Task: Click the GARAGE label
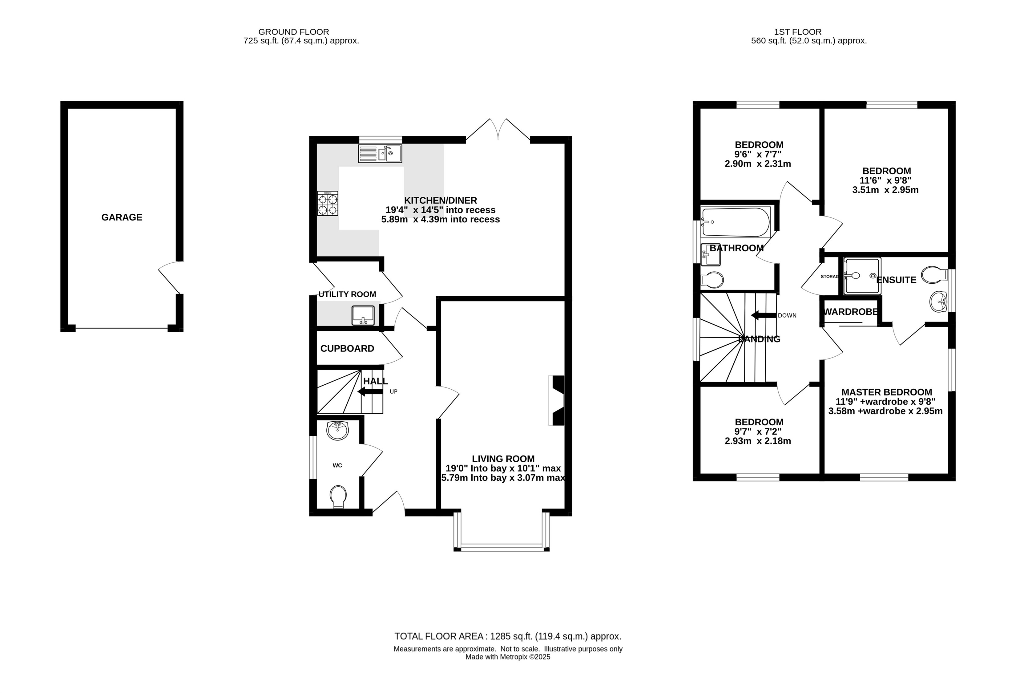click(122, 217)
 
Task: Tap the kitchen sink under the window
click(380, 153)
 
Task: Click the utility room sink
click(363, 315)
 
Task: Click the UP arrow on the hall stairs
click(370, 391)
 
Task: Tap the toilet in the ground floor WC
click(338, 497)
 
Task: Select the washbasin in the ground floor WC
click(337, 430)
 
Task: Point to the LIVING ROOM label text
click(503, 459)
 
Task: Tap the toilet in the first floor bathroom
click(712, 280)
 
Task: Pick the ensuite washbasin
click(938, 302)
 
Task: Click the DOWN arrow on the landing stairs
click(764, 315)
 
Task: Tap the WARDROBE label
click(851, 312)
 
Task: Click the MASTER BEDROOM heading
click(887, 392)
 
